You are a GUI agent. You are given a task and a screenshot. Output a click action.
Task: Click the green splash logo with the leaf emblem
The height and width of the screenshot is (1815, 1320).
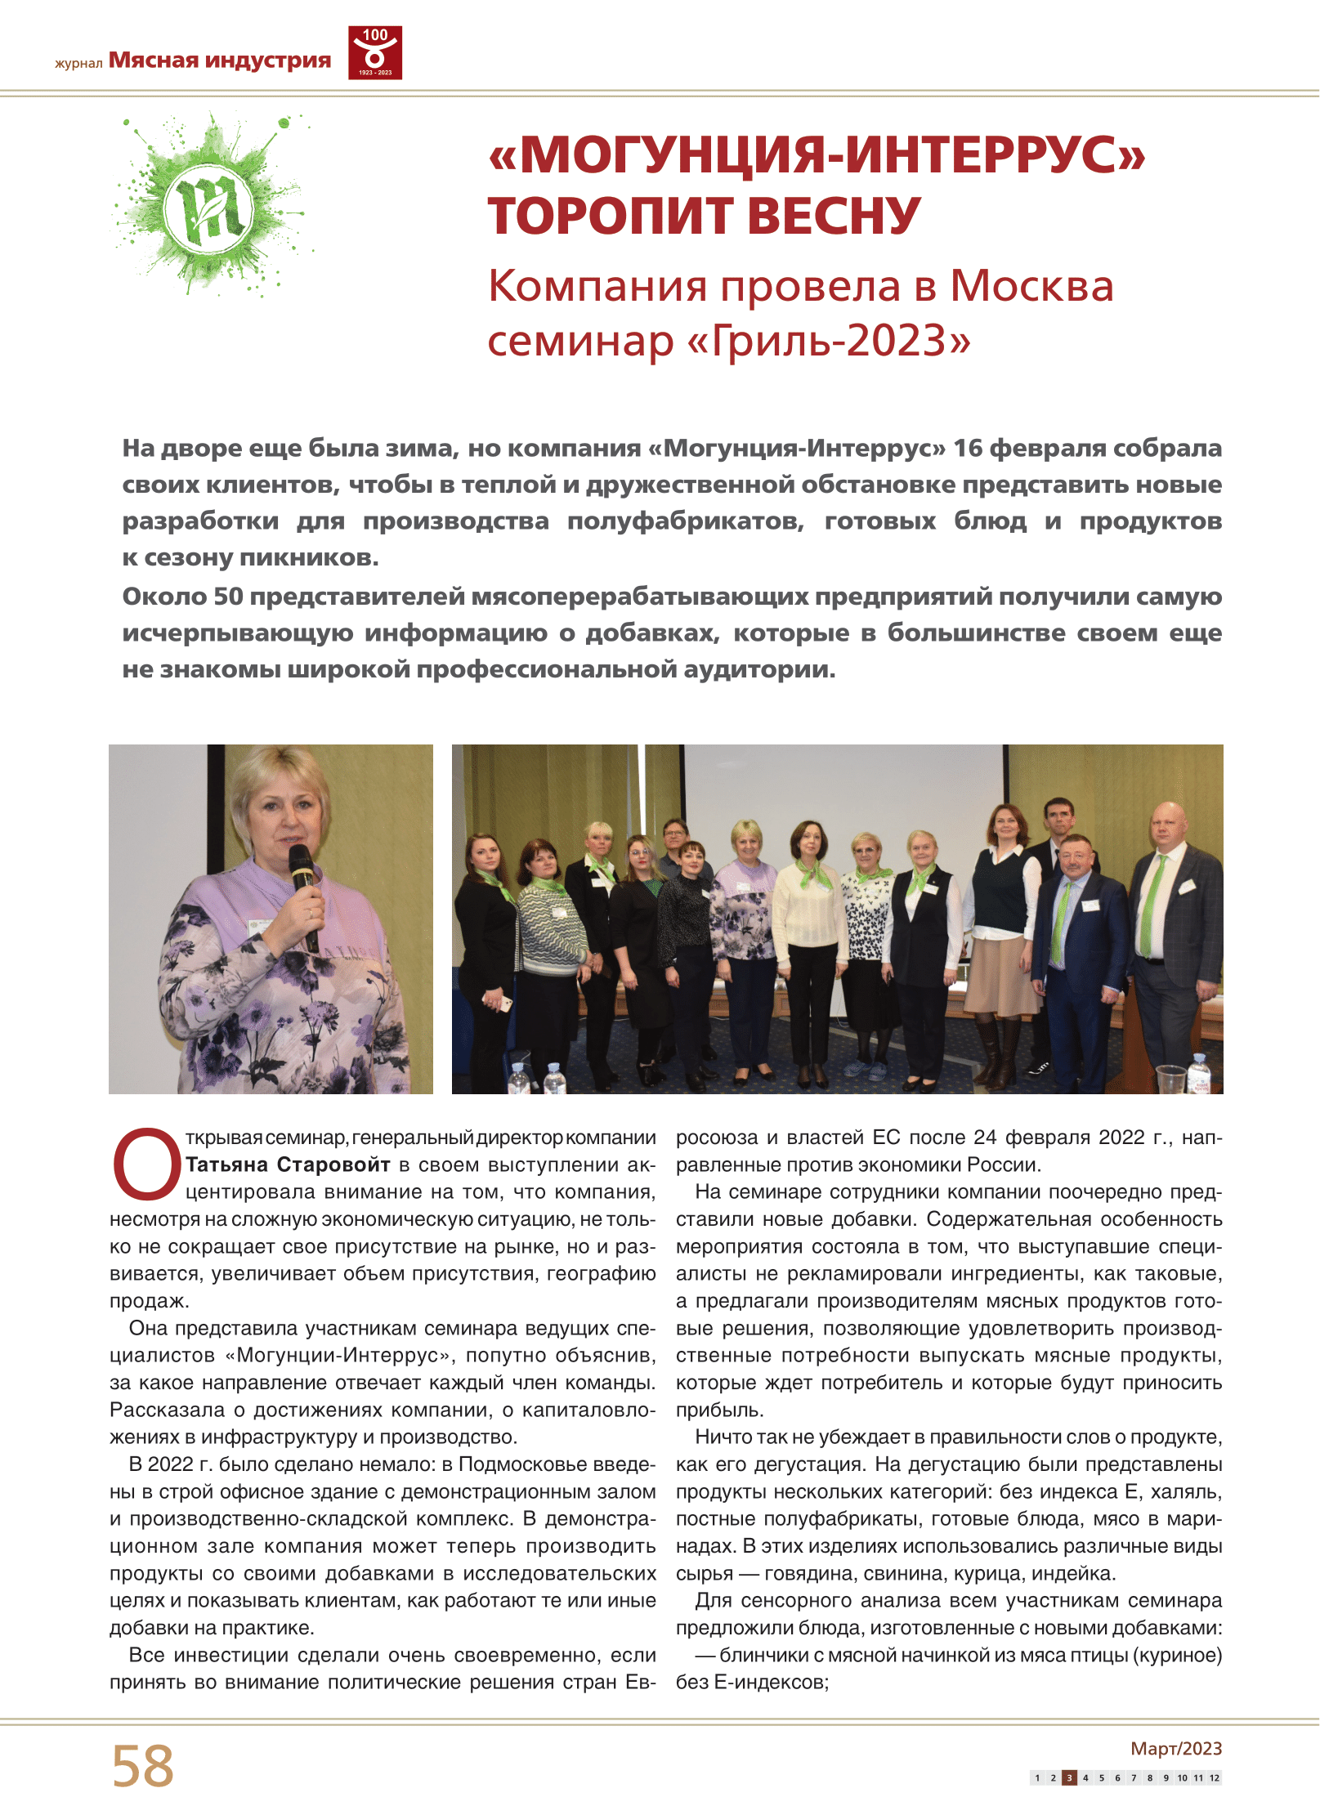tap(210, 206)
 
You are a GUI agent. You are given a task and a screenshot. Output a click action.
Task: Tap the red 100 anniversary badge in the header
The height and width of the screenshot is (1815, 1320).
tap(375, 53)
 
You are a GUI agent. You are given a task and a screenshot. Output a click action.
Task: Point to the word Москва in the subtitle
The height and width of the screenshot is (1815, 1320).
tap(1031, 287)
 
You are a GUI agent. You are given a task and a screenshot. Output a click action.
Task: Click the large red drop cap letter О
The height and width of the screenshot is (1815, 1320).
tap(146, 1164)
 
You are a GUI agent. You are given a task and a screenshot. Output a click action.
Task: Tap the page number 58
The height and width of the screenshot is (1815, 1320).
tap(143, 1765)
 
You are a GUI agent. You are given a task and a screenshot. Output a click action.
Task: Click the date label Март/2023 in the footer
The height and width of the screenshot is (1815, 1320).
tap(1175, 1748)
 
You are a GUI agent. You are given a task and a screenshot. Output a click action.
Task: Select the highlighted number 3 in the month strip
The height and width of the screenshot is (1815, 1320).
tap(1069, 1777)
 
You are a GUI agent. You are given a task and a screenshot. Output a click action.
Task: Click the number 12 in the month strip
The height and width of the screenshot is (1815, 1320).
tap(1215, 1777)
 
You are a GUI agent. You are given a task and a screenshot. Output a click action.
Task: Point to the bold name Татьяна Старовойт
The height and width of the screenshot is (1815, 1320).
tap(288, 1165)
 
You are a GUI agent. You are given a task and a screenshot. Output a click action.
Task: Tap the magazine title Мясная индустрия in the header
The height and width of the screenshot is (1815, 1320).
tap(220, 60)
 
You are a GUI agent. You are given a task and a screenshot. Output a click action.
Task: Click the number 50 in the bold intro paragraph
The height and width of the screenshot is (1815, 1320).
tap(228, 597)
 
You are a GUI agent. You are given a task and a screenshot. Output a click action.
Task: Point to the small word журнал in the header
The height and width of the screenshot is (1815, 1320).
tap(78, 63)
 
